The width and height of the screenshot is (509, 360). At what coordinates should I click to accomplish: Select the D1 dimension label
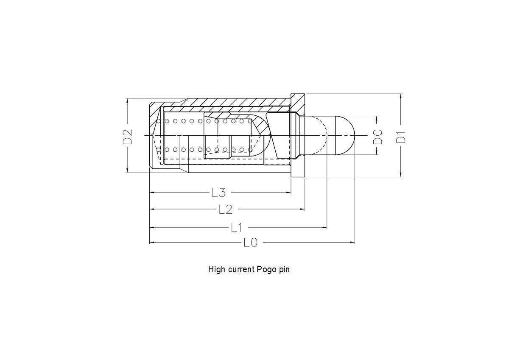(401, 137)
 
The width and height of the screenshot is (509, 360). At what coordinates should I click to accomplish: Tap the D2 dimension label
(127, 136)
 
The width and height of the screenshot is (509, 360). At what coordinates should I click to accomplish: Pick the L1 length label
(236, 228)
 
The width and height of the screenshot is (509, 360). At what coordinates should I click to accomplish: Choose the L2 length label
(225, 209)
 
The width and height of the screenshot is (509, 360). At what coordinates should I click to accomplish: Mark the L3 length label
(218, 193)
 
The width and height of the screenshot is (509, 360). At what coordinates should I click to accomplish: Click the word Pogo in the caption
(266, 269)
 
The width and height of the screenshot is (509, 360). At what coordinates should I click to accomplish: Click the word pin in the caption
(284, 269)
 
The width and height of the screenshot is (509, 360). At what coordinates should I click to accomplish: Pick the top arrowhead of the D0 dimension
(377, 118)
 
